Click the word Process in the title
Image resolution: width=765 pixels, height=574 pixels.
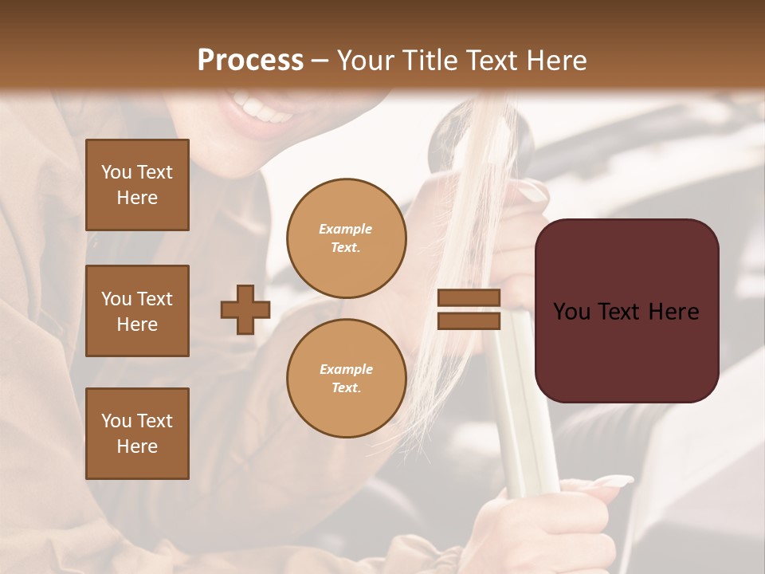pos(250,61)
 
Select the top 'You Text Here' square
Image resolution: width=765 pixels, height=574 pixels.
pos(137,185)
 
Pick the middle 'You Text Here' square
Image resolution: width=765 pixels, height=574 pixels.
pos(137,311)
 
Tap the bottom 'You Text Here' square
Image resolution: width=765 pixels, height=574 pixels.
pos(137,434)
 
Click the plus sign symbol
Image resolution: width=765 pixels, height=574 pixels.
pos(245,309)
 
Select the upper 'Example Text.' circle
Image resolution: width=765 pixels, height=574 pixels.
pos(347,238)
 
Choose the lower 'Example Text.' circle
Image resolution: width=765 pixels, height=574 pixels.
pos(347,379)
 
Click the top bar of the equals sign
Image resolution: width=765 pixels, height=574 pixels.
pos(469,298)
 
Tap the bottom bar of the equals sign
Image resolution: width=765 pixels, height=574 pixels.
pos(469,320)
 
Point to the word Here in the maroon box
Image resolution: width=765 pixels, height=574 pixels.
pos(673,312)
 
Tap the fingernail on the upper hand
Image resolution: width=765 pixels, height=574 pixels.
pos(532,191)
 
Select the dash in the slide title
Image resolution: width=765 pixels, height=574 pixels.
pos(320,61)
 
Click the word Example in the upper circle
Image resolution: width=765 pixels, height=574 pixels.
pos(346,230)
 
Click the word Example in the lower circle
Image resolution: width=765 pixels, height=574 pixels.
pos(346,370)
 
